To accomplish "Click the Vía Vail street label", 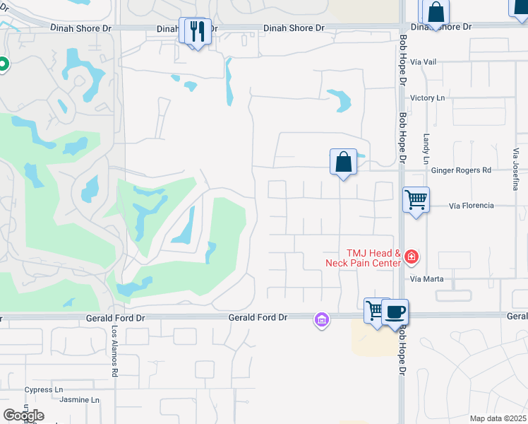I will click(x=424, y=62).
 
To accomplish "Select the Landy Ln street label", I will click(x=426, y=149).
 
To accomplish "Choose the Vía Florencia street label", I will click(x=472, y=206).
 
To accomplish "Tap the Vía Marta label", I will click(x=427, y=279).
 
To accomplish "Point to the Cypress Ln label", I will click(x=44, y=389).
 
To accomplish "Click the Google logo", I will click(x=23, y=416).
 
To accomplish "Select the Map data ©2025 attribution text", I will click(x=497, y=418).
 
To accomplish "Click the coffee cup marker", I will click(x=395, y=312).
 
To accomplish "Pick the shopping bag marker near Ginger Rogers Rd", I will click(x=343, y=161).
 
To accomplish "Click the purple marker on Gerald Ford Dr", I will click(x=322, y=320).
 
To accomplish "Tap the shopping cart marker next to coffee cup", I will click(x=375, y=310).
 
